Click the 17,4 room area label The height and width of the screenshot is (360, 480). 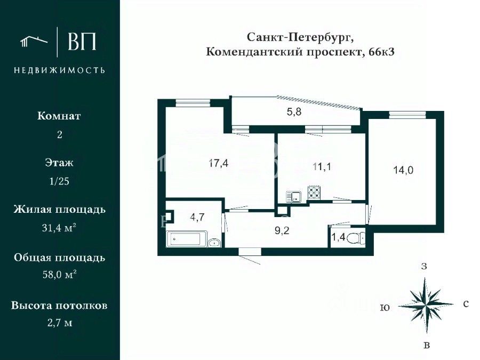pos(218,164)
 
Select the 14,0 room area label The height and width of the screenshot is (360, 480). pos(403,170)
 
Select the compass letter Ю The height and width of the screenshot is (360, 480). pos(384,308)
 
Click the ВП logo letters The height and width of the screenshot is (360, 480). pos(82,41)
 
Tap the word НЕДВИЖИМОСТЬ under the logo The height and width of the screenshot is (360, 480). pos(59,70)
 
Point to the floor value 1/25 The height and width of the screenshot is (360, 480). pos(59,181)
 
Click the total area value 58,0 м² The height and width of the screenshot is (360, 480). pos(59,276)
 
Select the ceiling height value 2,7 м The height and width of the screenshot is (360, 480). pos(59,323)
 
